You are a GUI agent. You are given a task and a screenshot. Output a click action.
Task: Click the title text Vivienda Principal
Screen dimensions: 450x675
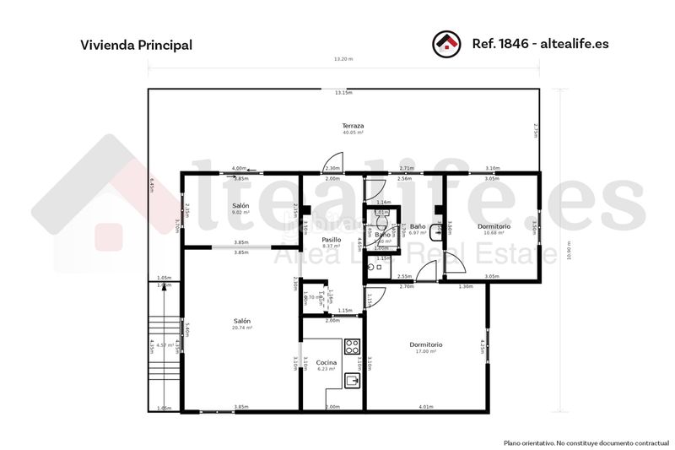pyautogui.click(x=136, y=44)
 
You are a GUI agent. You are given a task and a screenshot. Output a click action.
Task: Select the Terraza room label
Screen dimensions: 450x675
pyautogui.click(x=353, y=126)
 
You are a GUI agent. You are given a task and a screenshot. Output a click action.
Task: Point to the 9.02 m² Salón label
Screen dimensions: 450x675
pyautogui.click(x=241, y=208)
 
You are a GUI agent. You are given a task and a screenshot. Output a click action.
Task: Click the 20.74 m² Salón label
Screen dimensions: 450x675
pyautogui.click(x=242, y=323)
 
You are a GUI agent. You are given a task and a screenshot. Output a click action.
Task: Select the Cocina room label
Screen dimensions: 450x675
pyautogui.click(x=327, y=364)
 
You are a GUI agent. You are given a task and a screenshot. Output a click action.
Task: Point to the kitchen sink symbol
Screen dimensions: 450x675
pyautogui.click(x=354, y=381)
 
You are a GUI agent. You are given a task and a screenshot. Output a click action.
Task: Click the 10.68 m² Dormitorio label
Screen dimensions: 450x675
pyautogui.click(x=493, y=229)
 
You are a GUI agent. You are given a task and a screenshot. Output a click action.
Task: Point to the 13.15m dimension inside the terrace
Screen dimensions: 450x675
pyautogui.click(x=343, y=93)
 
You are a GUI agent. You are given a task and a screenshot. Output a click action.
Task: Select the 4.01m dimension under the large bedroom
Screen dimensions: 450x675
pyautogui.click(x=426, y=407)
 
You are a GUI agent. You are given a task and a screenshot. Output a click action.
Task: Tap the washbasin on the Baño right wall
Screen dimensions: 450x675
pyautogui.click(x=437, y=228)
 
